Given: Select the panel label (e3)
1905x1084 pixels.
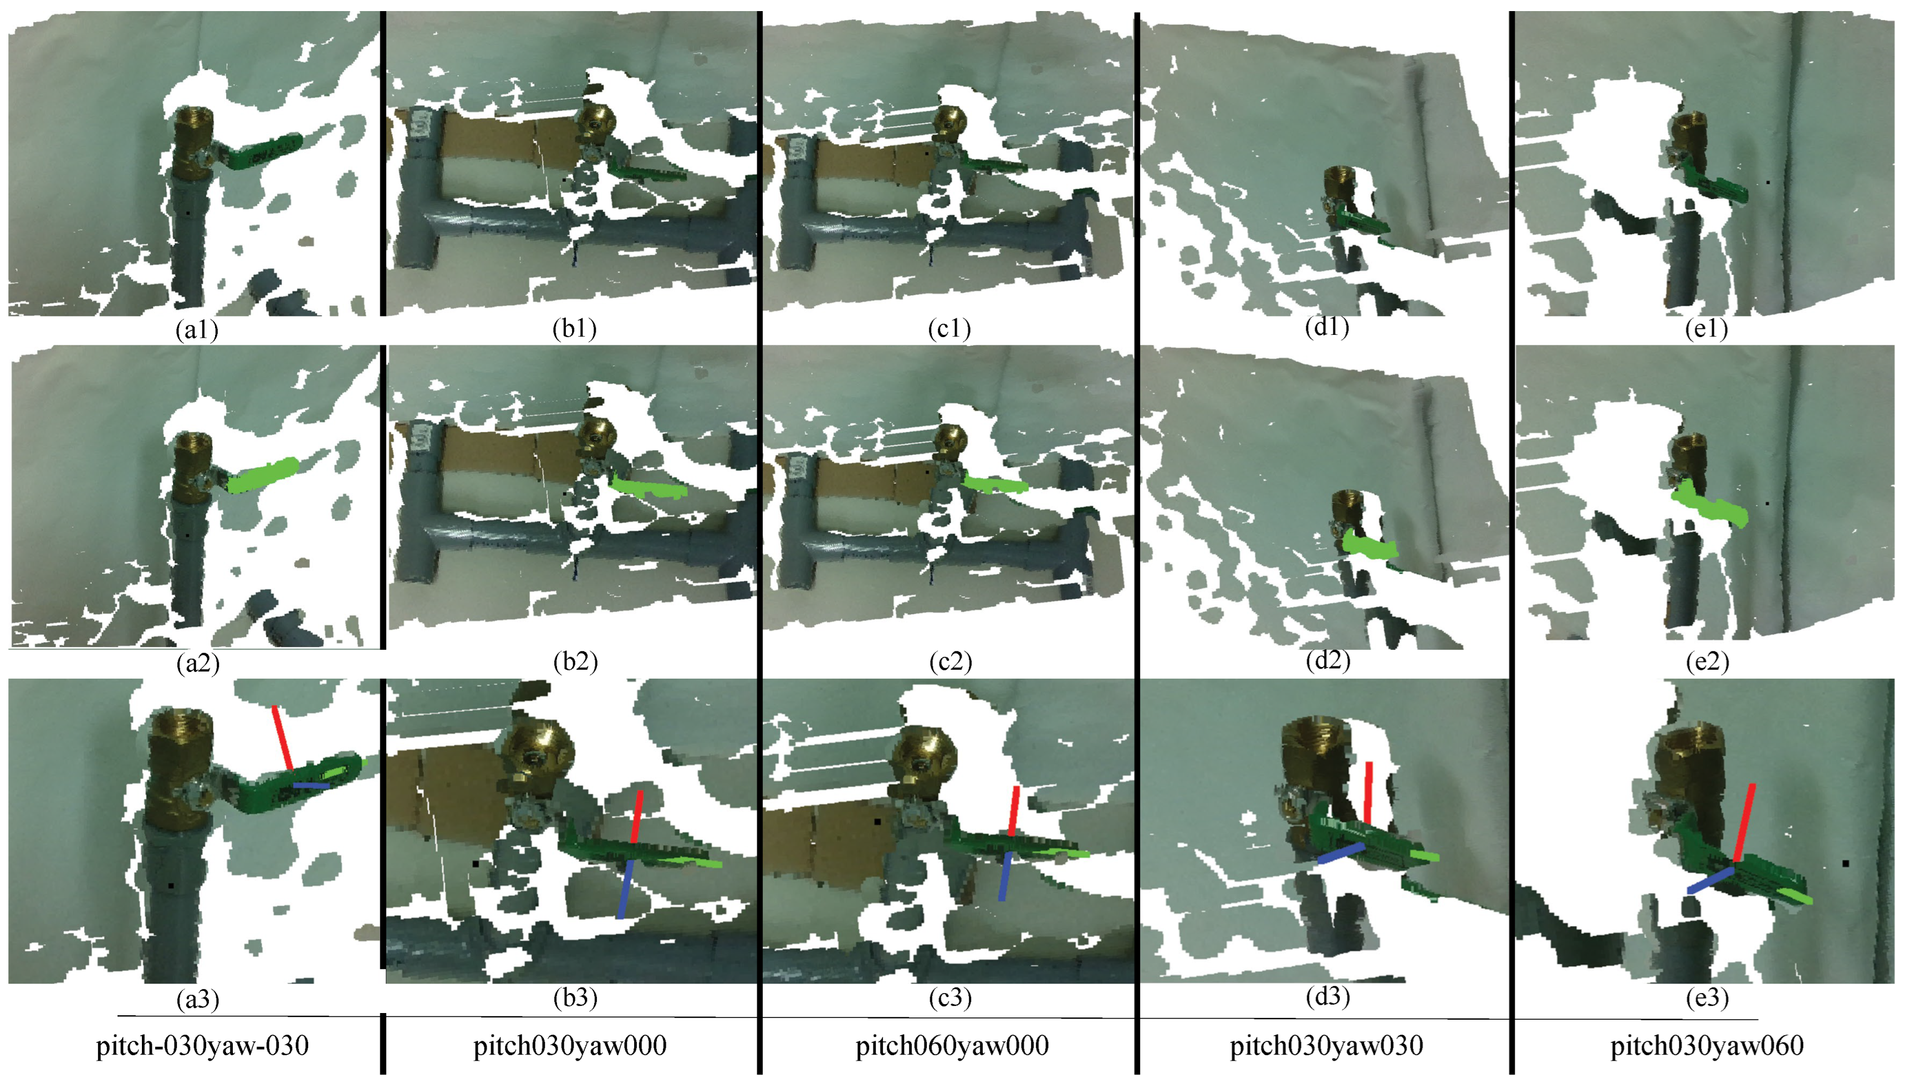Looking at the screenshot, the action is pyautogui.click(x=1707, y=998).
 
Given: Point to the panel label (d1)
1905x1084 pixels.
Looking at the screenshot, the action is pyautogui.click(x=1327, y=328).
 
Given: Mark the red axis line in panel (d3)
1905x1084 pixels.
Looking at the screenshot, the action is pyautogui.click(x=1368, y=793).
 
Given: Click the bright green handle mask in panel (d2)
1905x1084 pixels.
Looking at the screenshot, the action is pyautogui.click(x=1371, y=544).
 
